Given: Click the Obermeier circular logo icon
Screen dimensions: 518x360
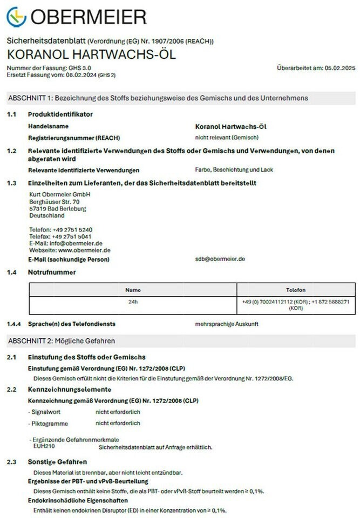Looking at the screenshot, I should pos(16,17).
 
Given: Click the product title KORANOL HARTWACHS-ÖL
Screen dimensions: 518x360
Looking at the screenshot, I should pos(91,55).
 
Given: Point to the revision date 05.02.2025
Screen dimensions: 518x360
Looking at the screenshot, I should pos(339,68).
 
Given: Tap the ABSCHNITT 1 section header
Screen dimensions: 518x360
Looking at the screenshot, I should pos(157,98).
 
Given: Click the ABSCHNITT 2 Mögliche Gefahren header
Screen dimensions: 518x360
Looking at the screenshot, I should pos(61,341).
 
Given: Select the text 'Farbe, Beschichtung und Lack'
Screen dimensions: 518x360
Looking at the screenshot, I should pos(234,170).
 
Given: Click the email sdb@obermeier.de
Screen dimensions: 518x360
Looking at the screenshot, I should pos(220,259).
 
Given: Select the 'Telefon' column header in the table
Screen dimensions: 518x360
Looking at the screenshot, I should pos(295,290).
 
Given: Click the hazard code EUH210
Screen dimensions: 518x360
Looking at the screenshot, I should pos(44,447).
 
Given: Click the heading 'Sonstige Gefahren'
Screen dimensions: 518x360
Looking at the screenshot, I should pos(57,462).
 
